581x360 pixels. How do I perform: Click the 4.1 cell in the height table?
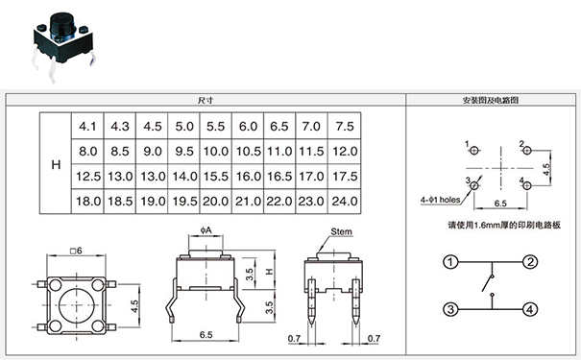click(x=88, y=126)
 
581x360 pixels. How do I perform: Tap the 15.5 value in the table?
click(x=216, y=177)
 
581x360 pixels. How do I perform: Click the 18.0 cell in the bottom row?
click(x=88, y=201)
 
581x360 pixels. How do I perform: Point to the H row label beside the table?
click(x=55, y=164)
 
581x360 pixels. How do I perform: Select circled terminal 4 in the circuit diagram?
click(x=529, y=309)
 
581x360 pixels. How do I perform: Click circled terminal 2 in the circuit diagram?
click(x=529, y=261)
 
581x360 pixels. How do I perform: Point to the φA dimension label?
click(x=206, y=230)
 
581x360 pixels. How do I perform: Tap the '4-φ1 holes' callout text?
click(x=440, y=200)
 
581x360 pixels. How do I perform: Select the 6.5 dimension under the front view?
click(x=206, y=334)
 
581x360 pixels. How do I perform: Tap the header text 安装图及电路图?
click(x=491, y=99)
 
